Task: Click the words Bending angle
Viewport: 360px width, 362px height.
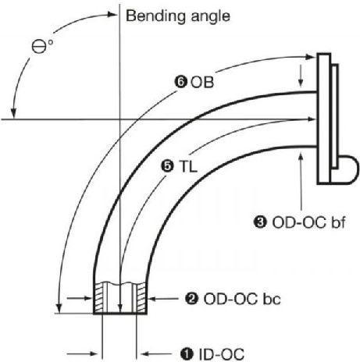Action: point(178,17)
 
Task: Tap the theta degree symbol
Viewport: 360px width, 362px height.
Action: point(42,46)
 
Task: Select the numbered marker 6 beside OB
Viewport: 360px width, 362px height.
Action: point(180,82)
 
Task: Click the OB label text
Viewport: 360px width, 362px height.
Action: point(202,82)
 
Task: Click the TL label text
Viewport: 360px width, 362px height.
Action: point(188,166)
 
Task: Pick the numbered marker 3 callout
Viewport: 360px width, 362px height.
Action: point(260,222)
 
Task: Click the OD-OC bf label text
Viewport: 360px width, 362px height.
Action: point(308,223)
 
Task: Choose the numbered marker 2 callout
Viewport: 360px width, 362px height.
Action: point(191,299)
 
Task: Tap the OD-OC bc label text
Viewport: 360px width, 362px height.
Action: point(242,299)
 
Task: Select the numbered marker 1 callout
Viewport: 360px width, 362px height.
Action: point(187,354)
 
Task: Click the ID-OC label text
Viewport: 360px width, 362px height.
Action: point(222,354)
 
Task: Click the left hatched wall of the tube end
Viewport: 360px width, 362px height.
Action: point(98,298)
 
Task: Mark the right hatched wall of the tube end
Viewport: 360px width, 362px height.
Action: point(141,298)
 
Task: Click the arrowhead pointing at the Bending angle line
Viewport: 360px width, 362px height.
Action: point(112,14)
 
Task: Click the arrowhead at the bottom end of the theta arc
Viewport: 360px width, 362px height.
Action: point(13,113)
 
